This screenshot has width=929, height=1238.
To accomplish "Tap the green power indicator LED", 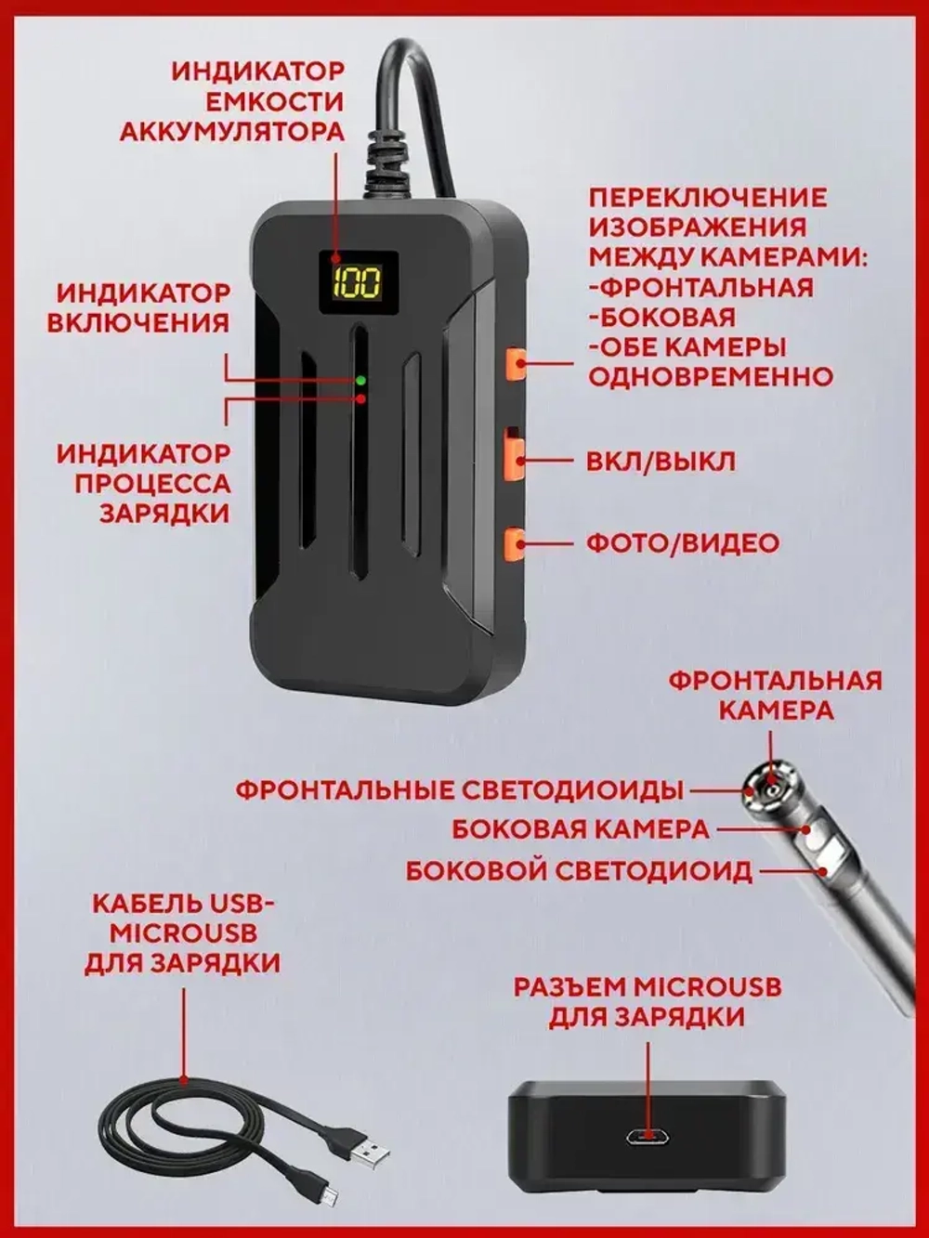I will pyautogui.click(x=360, y=381).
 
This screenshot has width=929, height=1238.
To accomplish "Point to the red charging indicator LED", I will pyautogui.click(x=360, y=398).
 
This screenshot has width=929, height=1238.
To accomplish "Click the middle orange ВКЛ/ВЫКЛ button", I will pyautogui.click(x=514, y=455).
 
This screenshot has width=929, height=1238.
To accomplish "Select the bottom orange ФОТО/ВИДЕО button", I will pyautogui.click(x=514, y=542).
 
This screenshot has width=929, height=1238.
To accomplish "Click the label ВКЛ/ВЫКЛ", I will pyautogui.click(x=661, y=462).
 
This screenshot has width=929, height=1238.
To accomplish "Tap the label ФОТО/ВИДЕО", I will pyautogui.click(x=682, y=542).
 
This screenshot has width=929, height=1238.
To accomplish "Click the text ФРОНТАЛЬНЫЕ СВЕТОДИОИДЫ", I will pyautogui.click(x=459, y=790).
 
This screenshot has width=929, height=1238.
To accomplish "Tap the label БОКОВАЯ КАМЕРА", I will pyautogui.click(x=581, y=829).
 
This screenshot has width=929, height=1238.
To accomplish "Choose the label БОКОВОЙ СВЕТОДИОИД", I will pyautogui.click(x=579, y=871).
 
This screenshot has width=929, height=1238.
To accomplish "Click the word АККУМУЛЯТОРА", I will pyautogui.click(x=232, y=131).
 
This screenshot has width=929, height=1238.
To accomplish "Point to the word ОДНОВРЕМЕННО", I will pyautogui.click(x=711, y=377).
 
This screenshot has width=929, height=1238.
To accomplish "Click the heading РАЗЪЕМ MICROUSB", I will pyautogui.click(x=647, y=986).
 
